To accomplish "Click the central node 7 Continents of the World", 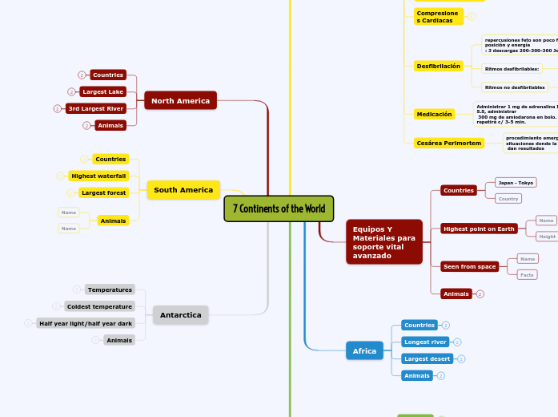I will click(x=279, y=208).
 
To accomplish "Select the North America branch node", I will click(x=180, y=100).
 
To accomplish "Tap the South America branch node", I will click(x=183, y=190).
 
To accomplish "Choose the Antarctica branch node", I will click(x=180, y=315).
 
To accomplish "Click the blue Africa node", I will click(x=364, y=350).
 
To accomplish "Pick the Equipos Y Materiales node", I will click(x=383, y=242).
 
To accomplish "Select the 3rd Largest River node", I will click(x=95, y=108).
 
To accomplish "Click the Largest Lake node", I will click(x=102, y=91).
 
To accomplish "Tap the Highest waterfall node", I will click(x=98, y=176).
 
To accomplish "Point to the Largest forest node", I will click(x=103, y=192).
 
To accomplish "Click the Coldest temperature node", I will click(x=99, y=306).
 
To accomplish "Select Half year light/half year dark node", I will click(x=85, y=323).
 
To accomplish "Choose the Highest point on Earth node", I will click(x=478, y=229).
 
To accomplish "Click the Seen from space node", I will click(x=469, y=266).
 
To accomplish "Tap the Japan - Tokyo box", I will click(x=515, y=182).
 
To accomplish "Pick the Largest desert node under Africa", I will click(x=427, y=358).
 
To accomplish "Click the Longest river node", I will click(x=425, y=342).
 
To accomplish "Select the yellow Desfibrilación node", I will click(x=438, y=66).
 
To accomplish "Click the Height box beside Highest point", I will click(x=547, y=237).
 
